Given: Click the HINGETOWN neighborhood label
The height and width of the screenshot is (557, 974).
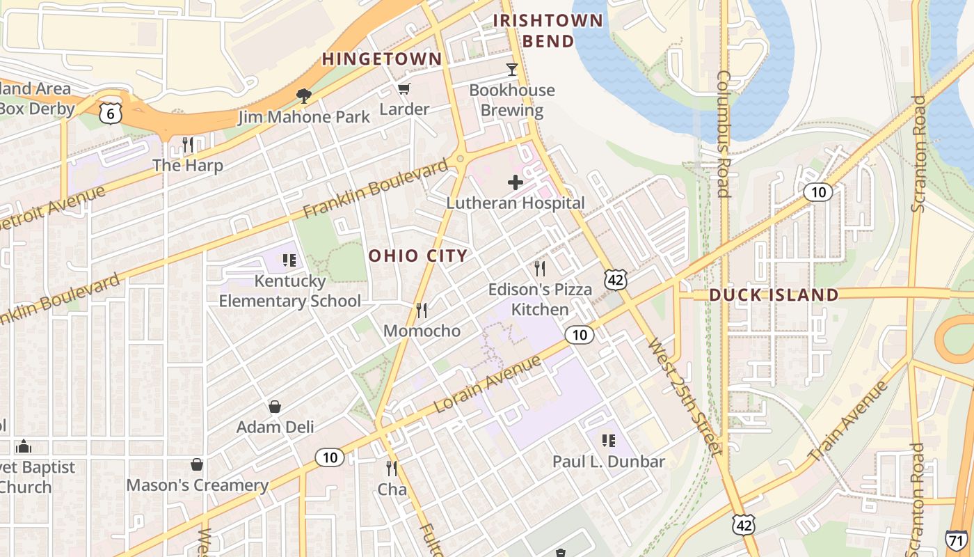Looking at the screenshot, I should pos(382,59).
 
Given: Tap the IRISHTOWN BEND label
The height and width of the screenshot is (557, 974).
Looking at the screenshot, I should pos(548,31).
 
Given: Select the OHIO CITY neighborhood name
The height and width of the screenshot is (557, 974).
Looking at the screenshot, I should pos(418,256).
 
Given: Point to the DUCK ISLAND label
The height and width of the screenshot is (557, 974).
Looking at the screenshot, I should pos(774,295).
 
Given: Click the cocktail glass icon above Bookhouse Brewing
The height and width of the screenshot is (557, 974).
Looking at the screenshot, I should pos(512,69).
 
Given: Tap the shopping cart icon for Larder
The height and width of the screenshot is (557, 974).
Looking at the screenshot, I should pos(404,88).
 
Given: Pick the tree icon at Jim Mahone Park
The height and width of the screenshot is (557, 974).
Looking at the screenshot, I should pos(303,95).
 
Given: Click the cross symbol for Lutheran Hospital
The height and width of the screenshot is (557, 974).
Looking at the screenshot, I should pos(516,182).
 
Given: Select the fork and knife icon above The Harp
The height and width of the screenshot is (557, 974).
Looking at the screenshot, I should pos(188,144).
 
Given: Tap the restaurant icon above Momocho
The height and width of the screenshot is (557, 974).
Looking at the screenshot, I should pos(422,310).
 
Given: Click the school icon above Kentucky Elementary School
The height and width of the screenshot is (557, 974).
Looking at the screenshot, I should pos(289,260).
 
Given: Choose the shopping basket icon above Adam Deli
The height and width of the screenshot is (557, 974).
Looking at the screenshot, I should pos(275,406).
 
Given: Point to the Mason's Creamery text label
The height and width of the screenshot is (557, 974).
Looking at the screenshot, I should pos(198,485).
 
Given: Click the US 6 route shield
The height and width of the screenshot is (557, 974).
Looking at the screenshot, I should pos(111,113).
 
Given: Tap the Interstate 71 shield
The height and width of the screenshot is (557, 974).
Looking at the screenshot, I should pos(957,540).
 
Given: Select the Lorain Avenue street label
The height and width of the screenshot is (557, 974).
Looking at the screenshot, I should pos(487,384).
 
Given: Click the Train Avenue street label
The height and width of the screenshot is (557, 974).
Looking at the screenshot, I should pos(849,421).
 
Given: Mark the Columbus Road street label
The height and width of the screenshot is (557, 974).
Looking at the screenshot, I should pos(724,134).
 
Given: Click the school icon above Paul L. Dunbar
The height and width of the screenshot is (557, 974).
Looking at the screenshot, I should pos(609,440).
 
